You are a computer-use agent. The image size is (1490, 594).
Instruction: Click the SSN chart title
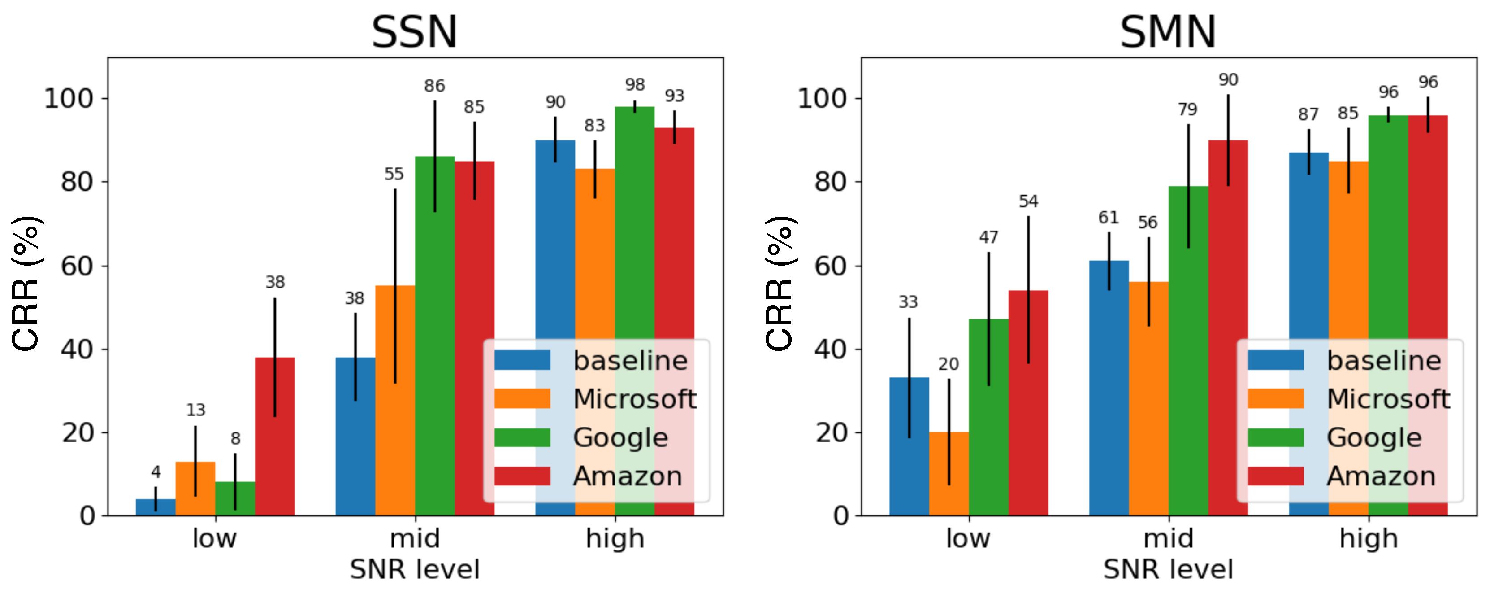tap(414, 32)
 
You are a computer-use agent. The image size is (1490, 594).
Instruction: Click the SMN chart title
tap(1167, 32)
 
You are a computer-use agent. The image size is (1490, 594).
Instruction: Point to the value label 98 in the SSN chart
tap(635, 84)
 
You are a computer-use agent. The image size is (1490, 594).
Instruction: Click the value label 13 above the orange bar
tap(195, 410)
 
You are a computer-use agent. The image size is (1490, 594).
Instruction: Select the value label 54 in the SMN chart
tap(1028, 201)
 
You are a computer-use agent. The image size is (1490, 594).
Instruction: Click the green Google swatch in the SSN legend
tap(522, 438)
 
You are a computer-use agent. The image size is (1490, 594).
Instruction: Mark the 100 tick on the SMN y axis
tap(821, 98)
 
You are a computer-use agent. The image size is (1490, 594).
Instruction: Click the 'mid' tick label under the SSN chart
tap(415, 538)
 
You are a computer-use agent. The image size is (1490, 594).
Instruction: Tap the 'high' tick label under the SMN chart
tap(1369, 538)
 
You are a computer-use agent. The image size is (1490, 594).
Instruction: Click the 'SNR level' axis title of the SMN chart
tap(1167, 569)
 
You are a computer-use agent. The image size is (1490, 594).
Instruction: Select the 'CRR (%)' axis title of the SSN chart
tap(26, 284)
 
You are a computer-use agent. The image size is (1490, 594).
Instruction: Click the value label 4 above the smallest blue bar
tap(156, 472)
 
